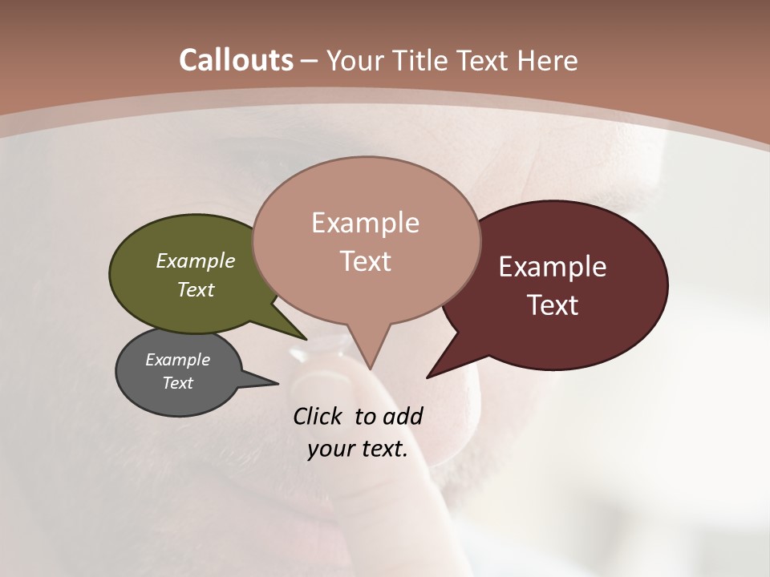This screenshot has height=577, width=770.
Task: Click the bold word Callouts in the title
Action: (x=236, y=60)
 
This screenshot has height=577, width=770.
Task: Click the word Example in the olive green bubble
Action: (x=196, y=260)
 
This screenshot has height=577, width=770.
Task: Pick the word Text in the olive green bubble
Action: (x=196, y=289)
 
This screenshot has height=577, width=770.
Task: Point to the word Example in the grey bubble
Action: (x=177, y=360)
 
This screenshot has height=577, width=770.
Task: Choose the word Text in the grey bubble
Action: (x=177, y=383)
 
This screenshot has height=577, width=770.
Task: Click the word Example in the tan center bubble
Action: (x=365, y=223)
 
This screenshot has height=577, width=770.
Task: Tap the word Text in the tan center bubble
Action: (x=365, y=261)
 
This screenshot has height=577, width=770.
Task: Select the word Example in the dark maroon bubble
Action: (x=553, y=267)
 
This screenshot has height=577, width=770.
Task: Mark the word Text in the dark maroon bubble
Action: (x=553, y=305)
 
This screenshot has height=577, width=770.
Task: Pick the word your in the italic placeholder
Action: (x=331, y=449)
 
